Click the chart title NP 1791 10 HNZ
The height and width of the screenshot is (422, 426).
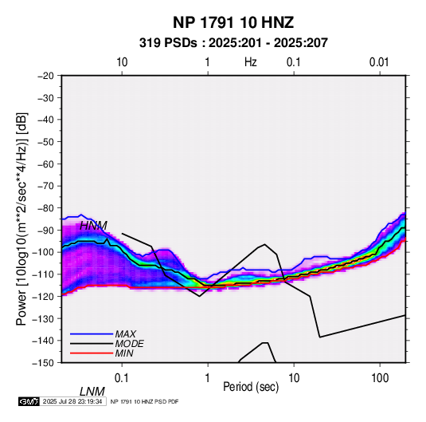[x=233, y=22]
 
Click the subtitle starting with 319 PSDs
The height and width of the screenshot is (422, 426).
[x=233, y=43]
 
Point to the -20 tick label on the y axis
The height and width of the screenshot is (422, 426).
[x=45, y=76]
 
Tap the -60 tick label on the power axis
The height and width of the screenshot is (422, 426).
[x=45, y=164]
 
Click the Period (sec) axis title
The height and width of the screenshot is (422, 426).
[x=251, y=387]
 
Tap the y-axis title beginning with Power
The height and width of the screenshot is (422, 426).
[x=21, y=219]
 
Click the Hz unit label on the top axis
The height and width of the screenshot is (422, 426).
[x=251, y=62]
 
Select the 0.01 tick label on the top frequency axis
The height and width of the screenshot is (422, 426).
[x=379, y=62]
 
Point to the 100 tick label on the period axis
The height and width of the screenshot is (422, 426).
[x=380, y=378]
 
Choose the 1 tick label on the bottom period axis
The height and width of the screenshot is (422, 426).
[x=208, y=378]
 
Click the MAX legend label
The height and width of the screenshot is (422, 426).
[x=125, y=333]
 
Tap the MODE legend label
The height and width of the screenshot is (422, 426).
[x=129, y=344]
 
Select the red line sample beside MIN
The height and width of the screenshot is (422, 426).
[x=92, y=353]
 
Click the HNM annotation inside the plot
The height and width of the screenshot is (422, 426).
[x=93, y=226]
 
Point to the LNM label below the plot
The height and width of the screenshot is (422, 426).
[x=92, y=392]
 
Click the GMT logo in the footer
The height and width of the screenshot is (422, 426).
[x=29, y=401]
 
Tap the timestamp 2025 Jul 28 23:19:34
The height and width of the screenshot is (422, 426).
[x=72, y=401]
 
